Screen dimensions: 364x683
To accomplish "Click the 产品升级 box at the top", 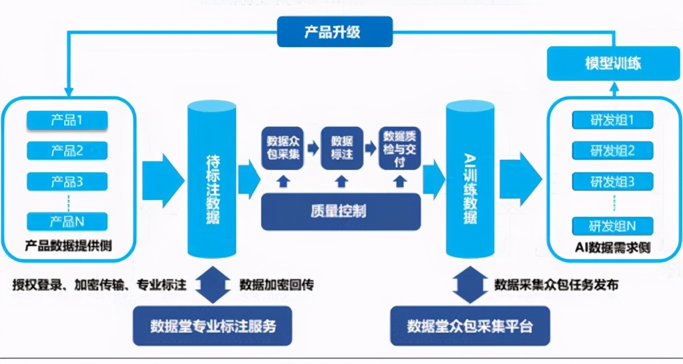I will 335,31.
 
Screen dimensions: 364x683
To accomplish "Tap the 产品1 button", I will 67,121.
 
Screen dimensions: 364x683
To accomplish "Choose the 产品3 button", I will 67,182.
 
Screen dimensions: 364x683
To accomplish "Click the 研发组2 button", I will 612,151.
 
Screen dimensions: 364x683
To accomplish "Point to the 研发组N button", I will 612,226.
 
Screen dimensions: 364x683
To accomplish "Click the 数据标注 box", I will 341,147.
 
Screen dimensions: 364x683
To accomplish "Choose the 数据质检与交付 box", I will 400,147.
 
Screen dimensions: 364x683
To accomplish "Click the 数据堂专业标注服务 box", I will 212,326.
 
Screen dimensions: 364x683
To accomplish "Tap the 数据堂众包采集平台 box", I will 470,326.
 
